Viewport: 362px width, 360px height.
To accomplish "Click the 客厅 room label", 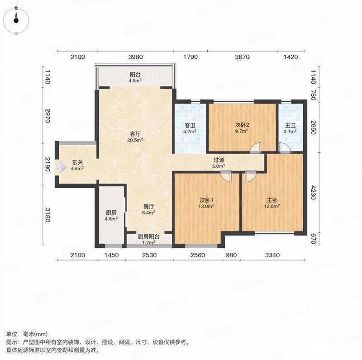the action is (x=135, y=134).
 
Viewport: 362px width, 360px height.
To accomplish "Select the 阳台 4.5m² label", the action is (x=135, y=77).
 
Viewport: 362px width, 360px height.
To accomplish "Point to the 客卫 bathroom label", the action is (x=190, y=126).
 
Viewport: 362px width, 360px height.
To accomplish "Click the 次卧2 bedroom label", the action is (x=242, y=125).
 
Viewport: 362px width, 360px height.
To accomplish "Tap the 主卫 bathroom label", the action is (x=290, y=126).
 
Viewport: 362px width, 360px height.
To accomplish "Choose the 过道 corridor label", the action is (x=219, y=160).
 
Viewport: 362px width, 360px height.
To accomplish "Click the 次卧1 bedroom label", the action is (x=206, y=199).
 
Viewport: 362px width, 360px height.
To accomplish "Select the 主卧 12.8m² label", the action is (x=272, y=203).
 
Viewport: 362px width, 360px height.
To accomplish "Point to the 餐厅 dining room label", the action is (x=148, y=206).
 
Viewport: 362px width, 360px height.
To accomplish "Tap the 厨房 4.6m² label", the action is (x=111, y=216).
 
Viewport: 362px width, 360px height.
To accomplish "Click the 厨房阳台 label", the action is (x=149, y=237).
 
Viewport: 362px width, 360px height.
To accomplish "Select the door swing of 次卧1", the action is (x=226, y=176).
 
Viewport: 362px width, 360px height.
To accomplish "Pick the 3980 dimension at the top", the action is (x=135, y=57).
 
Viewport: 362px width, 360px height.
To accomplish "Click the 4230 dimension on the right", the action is (x=313, y=192).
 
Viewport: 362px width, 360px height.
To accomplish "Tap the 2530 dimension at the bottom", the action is (x=149, y=255).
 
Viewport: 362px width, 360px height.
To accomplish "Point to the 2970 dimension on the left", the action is (x=47, y=116).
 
